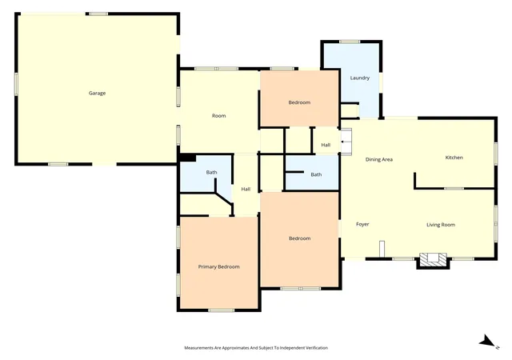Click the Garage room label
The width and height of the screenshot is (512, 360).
[x=97, y=93]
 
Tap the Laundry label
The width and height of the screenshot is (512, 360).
[x=360, y=78]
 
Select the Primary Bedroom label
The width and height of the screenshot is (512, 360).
[x=218, y=267]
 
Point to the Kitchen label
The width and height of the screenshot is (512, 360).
[x=454, y=158]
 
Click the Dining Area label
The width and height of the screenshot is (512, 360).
[x=378, y=160]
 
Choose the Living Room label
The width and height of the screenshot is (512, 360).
[x=441, y=225]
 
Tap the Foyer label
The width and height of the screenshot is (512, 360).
[x=362, y=224]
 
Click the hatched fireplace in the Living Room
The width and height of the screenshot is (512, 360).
[x=433, y=259]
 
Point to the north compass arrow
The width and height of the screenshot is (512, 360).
[x=488, y=342]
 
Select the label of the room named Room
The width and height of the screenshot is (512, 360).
[x=218, y=116]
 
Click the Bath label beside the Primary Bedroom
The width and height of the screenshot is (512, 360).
[x=211, y=172]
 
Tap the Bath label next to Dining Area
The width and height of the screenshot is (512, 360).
[x=316, y=174]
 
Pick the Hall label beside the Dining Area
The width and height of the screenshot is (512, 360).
[x=326, y=145]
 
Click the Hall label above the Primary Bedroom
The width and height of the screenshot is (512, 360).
[x=246, y=189]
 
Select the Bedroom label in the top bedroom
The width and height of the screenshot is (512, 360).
[x=299, y=102]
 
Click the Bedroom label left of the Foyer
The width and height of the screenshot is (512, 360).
[x=299, y=238]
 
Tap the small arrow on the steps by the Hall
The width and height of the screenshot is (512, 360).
[x=344, y=142]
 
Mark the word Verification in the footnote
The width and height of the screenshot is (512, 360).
[x=317, y=348]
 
